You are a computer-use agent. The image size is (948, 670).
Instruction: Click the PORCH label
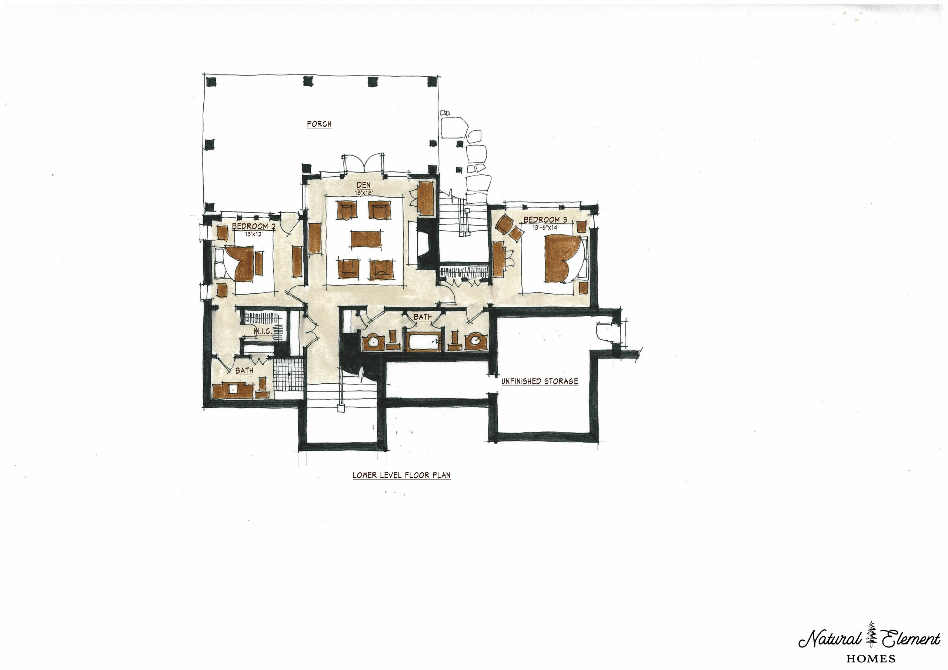(x=319, y=124)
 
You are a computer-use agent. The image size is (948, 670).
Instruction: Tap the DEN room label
(x=363, y=186)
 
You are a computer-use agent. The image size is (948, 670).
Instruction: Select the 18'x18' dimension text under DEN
(x=363, y=193)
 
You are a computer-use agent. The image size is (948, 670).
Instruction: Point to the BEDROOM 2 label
(x=254, y=226)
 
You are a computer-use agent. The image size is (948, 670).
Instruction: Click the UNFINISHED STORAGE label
(x=540, y=381)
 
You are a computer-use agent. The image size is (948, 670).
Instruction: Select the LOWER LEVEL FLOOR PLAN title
(x=401, y=475)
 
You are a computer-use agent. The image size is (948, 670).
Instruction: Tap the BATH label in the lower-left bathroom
(x=244, y=370)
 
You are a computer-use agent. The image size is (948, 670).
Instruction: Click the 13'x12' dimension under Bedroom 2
(x=254, y=234)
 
